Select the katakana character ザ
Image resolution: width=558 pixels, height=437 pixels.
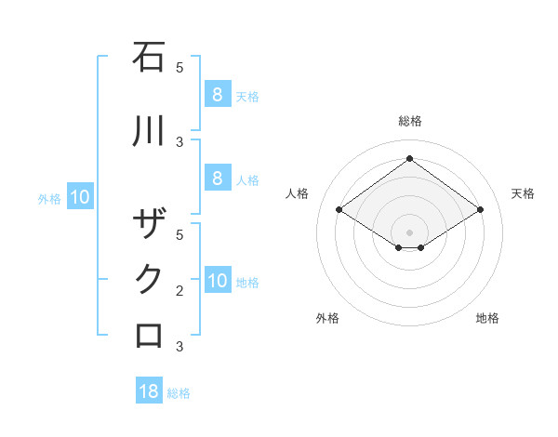pos(149,224)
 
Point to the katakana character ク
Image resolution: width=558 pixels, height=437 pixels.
pos(149,279)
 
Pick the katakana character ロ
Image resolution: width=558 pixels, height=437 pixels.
pos(149,335)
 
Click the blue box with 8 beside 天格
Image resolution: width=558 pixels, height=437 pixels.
pos(217,94)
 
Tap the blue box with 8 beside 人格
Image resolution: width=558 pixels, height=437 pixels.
pos(217,179)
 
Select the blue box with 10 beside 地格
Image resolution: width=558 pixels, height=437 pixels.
pos(218,282)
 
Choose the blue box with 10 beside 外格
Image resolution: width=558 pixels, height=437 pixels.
pos(80,197)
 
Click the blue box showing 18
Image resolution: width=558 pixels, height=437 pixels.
pos(149,391)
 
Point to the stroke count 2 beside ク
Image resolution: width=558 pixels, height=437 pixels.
pos(179,291)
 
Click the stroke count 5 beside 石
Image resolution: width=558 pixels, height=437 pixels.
pos(179,68)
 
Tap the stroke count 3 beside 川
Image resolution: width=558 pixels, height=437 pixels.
pos(179,142)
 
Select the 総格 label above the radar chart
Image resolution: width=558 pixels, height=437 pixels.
pos(409,121)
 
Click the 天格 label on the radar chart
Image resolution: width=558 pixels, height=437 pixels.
pos(523,193)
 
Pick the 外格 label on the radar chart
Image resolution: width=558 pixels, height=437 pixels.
pos(327,318)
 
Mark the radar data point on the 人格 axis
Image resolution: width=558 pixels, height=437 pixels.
pos(339,210)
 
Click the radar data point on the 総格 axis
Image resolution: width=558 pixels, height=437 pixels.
pos(409,159)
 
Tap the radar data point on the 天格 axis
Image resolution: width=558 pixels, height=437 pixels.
pos(480,210)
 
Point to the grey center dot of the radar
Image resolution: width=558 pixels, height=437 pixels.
pos(409,232)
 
